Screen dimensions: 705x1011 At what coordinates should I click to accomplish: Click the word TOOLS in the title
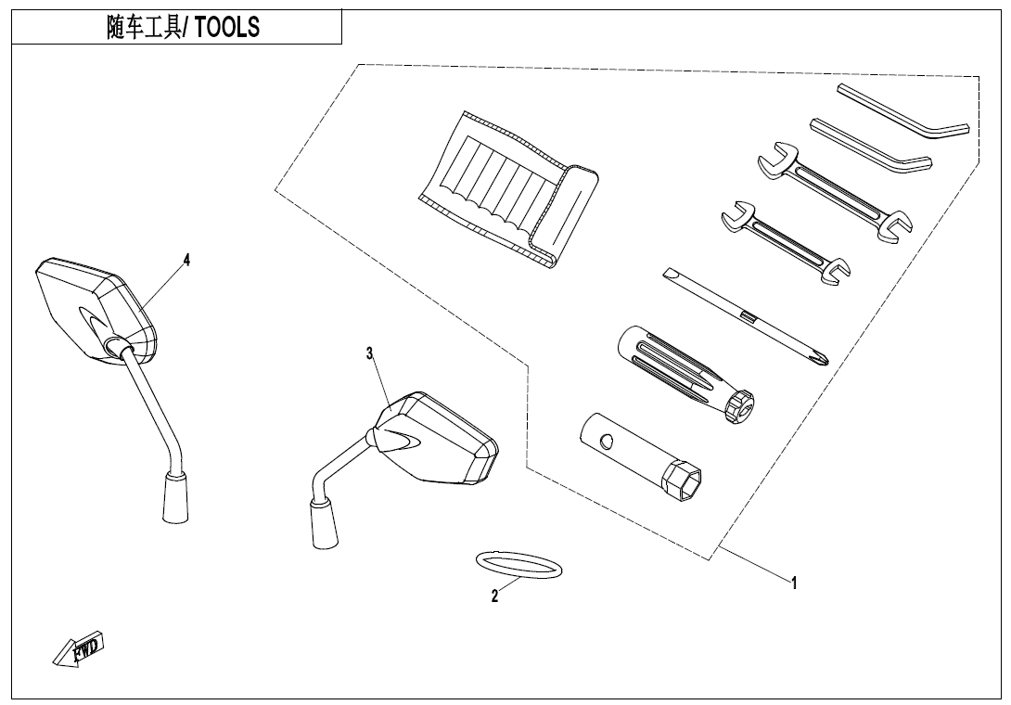click(227, 28)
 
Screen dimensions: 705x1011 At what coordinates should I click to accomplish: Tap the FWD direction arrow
click(80, 648)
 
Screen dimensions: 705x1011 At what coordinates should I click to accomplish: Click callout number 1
click(794, 583)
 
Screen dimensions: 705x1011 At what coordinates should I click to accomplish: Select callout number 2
click(495, 596)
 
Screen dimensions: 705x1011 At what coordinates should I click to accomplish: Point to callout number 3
click(369, 352)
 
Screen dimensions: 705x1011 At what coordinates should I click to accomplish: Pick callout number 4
click(186, 260)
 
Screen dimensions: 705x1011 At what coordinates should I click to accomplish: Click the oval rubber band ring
click(518, 564)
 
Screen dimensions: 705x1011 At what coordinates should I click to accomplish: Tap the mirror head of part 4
click(93, 306)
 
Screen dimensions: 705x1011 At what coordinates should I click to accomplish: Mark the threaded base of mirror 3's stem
click(325, 523)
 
